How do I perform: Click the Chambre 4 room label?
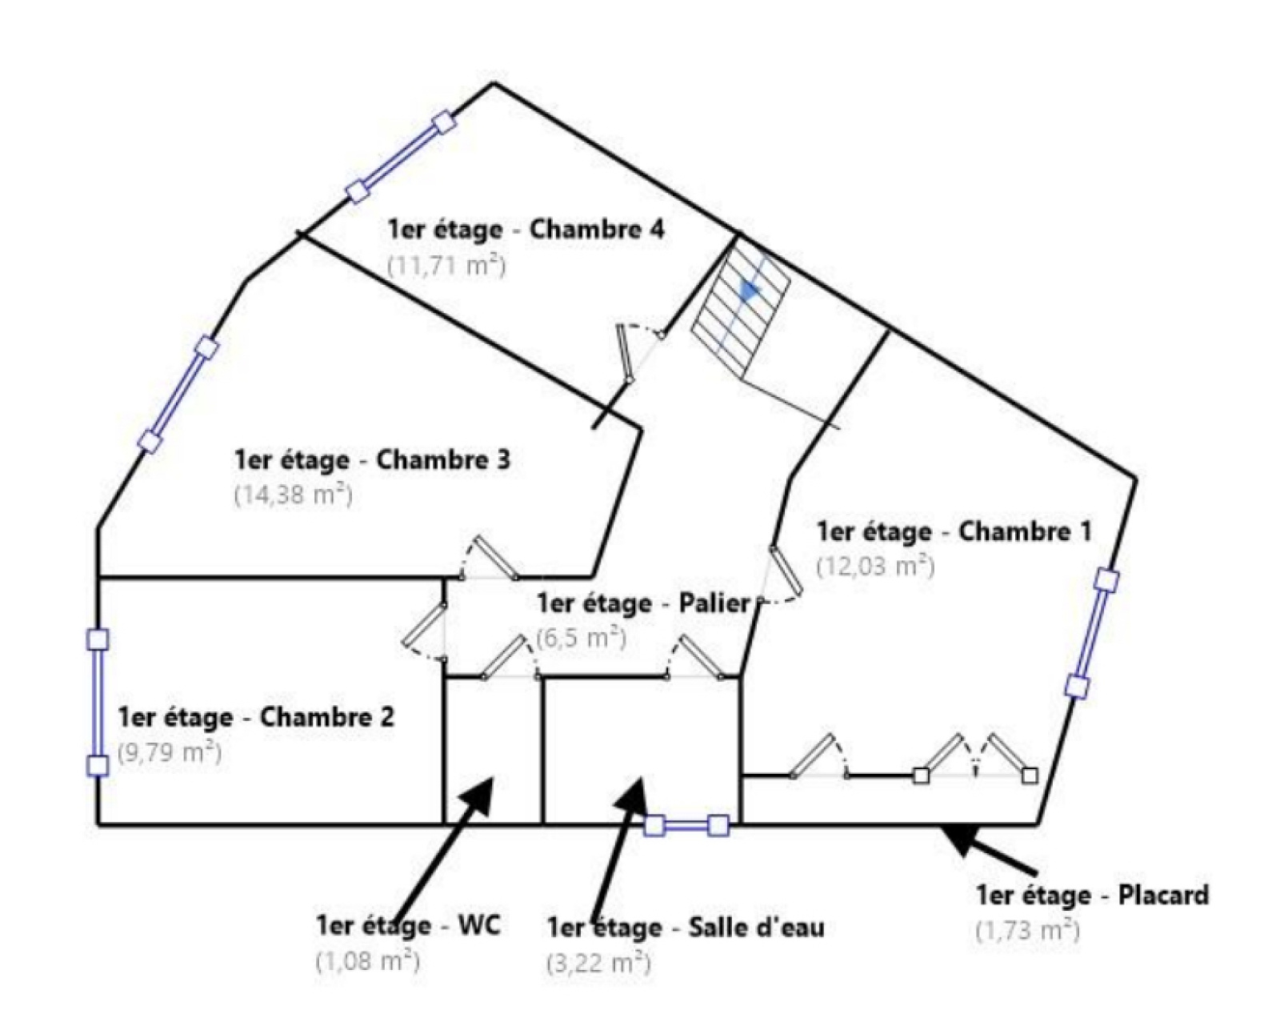click(x=526, y=230)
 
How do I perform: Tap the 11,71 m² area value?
click(x=446, y=266)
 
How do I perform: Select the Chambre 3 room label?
click(x=373, y=460)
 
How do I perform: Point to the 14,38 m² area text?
click(x=294, y=495)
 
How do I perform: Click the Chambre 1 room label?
click(x=955, y=531)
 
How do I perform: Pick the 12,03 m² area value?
click(x=875, y=566)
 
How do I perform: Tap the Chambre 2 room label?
click(x=256, y=717)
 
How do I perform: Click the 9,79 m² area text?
click(x=170, y=753)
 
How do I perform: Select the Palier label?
click(x=643, y=603)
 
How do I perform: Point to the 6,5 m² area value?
click(x=581, y=638)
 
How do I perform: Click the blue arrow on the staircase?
click(x=750, y=291)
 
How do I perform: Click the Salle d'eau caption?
click(x=686, y=928)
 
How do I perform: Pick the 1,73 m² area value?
click(x=1028, y=930)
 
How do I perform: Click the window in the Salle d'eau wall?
click(x=686, y=825)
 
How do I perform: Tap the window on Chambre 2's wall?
click(x=98, y=702)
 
